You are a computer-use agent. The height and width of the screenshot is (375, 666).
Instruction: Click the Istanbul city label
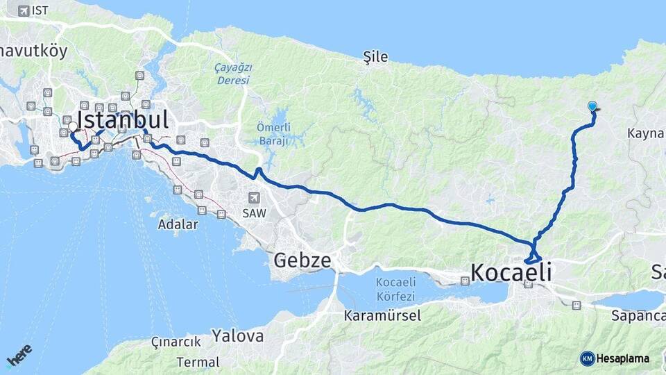[x=123, y=119]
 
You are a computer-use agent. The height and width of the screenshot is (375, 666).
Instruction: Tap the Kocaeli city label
[x=511, y=272]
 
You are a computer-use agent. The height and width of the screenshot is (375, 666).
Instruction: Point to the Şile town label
[x=375, y=57]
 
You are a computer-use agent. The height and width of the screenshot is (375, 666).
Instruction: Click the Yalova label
[x=238, y=336]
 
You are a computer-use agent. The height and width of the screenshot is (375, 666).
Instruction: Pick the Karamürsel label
[x=382, y=315]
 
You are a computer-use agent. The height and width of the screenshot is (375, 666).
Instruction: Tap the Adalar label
[x=178, y=224]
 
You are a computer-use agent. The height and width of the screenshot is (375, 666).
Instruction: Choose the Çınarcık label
[x=176, y=342]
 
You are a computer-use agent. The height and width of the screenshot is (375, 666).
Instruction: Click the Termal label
[x=198, y=362]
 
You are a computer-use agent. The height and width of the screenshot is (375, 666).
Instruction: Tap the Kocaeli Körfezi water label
[x=395, y=289]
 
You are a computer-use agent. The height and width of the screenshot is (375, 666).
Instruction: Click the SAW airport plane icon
[x=255, y=198]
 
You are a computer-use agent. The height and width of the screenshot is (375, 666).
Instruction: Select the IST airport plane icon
[x=24, y=11]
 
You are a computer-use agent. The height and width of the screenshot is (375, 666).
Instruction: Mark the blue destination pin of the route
[x=592, y=106]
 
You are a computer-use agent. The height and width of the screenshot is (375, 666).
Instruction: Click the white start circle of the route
[x=72, y=127]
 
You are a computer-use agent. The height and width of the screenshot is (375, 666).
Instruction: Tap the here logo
[x=19, y=355]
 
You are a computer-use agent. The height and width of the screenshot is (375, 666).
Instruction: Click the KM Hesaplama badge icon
[x=587, y=358]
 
